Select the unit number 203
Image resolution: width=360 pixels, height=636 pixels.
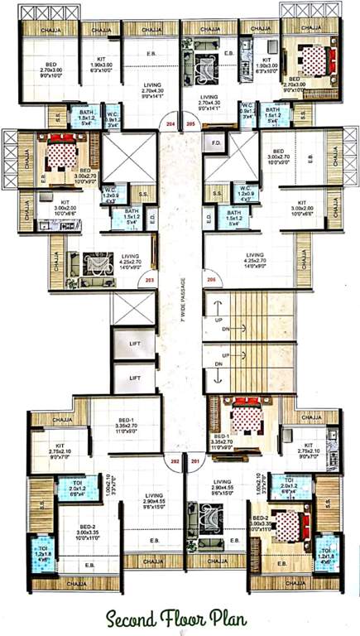[x=150, y=281]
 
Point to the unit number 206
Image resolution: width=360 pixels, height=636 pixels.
[x=211, y=281]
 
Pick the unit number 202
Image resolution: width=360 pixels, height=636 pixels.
[x=175, y=460]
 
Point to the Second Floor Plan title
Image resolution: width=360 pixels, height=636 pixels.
[x=180, y=617]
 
